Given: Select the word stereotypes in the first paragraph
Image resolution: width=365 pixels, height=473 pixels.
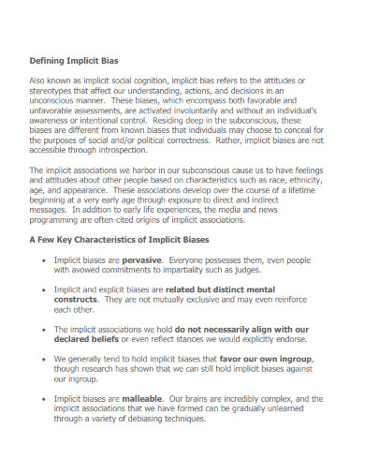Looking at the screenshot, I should (52, 94).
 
